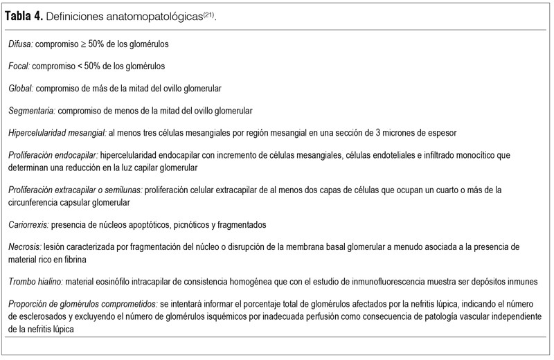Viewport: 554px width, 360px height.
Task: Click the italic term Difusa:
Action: point(21,44)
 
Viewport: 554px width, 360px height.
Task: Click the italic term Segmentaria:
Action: point(32,111)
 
